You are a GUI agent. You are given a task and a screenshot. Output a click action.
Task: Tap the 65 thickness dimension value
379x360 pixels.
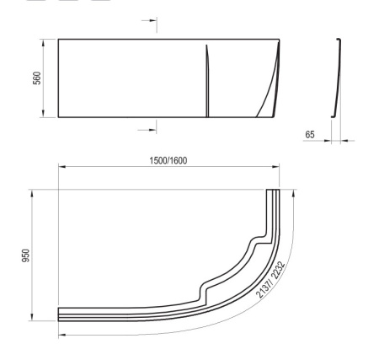(x=311, y=134)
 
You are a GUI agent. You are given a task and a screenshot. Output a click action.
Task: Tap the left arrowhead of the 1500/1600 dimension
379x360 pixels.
(x=61, y=167)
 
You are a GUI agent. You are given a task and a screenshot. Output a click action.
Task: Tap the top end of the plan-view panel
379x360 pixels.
(x=272, y=192)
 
